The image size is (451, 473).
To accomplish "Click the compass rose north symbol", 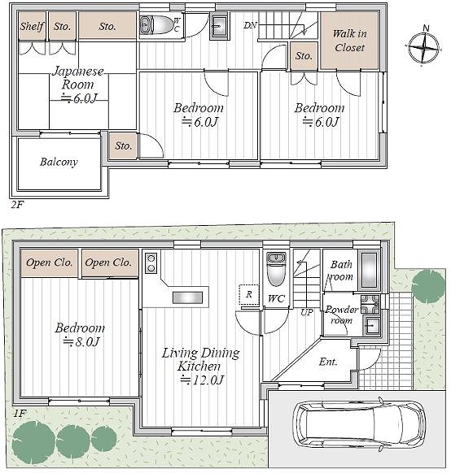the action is pos(424,46).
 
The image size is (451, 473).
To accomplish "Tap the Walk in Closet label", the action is pos(349,41).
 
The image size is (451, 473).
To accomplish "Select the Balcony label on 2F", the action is pos(59,162).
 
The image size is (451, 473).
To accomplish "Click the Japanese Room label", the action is pos(78,78).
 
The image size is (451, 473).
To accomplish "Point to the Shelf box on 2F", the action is pos(33,26).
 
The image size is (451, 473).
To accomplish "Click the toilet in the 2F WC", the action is pos(156,24).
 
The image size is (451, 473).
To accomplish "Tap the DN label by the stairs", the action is pos(250,25).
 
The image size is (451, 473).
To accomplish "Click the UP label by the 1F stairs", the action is pos(307,313).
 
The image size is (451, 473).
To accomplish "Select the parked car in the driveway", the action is pos(358,423).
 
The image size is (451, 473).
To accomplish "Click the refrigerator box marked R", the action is pos(249,294).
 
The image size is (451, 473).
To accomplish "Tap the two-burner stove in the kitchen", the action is pos(151,263).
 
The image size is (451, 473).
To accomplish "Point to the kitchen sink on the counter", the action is pos(187,297).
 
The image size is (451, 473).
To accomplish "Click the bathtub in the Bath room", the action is pos(369,271).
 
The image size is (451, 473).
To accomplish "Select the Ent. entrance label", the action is pos(328,362).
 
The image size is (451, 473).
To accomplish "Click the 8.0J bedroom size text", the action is pos(81,342).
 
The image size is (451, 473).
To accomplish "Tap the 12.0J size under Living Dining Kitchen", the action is pos(202,380).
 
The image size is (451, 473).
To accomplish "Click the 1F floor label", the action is pos(20,413).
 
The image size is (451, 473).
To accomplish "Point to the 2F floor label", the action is pos(17,205).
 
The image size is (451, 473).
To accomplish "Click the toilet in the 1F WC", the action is pos(276,269).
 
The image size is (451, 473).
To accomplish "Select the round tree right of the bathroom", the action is pos(428,285).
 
